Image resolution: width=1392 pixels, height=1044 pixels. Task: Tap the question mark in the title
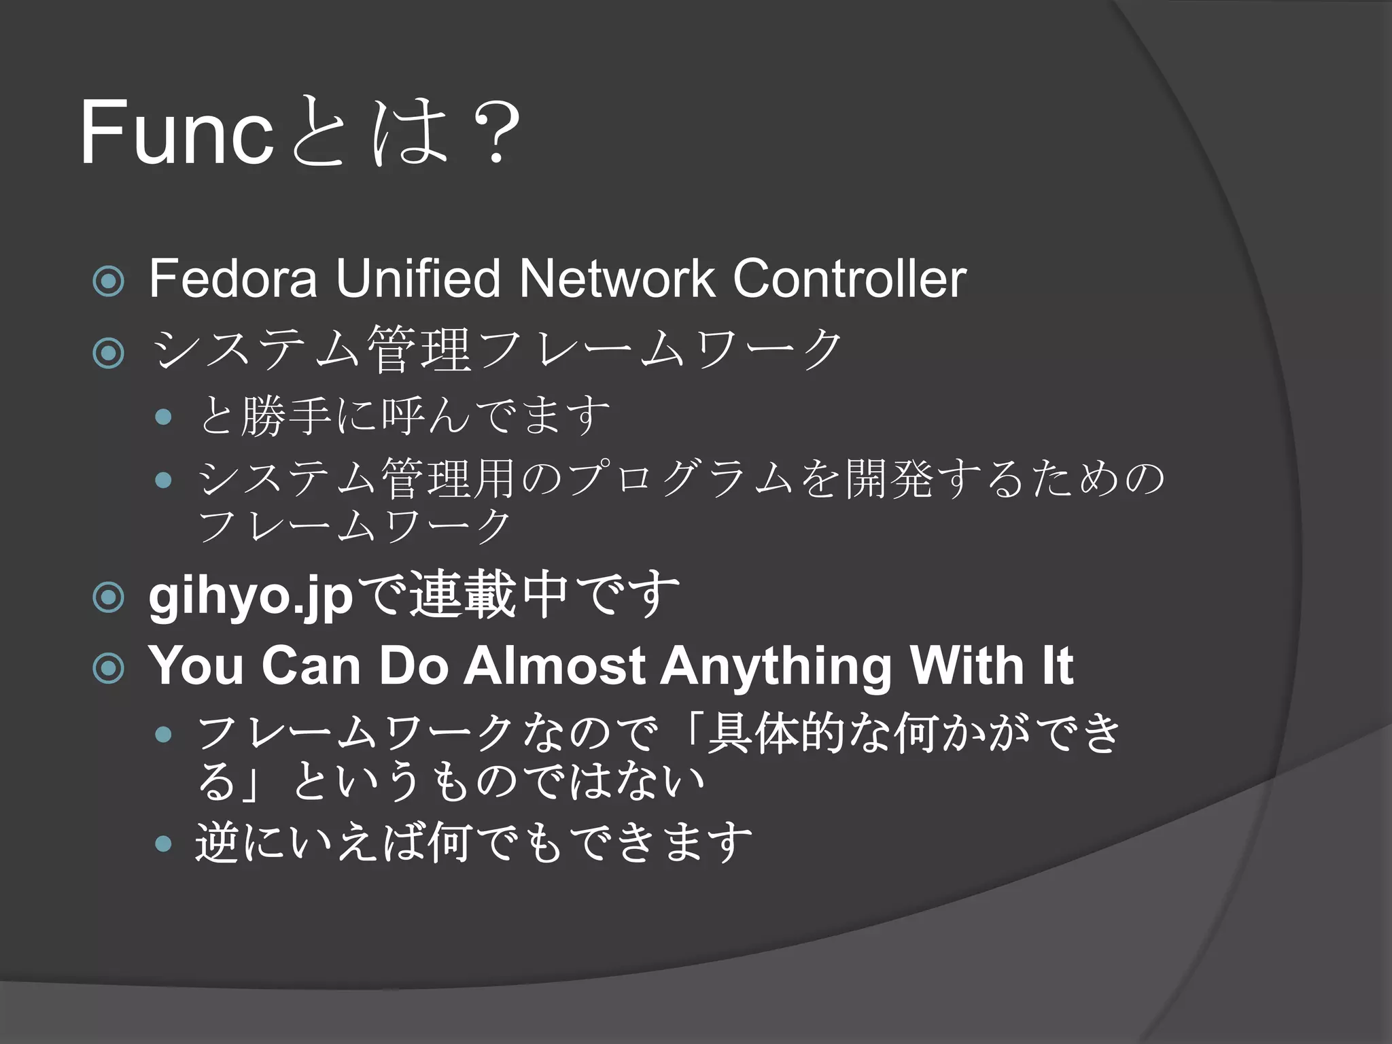pyautogui.click(x=498, y=133)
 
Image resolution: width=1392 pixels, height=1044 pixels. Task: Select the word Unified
pyautogui.click(x=418, y=278)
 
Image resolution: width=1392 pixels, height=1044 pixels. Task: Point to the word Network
pyautogui.click(x=616, y=278)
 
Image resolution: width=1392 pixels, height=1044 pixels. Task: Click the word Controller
pyautogui.click(x=849, y=278)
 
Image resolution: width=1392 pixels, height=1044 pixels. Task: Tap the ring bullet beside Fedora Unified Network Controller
pyautogui.click(x=109, y=281)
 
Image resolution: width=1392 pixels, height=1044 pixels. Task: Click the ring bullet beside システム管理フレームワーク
pyautogui.click(x=109, y=353)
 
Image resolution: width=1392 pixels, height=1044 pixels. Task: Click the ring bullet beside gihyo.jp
pyautogui.click(x=109, y=597)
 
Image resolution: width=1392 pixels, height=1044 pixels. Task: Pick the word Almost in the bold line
pyautogui.click(x=554, y=665)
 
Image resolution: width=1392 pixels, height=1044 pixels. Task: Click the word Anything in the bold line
pyautogui.click(x=776, y=667)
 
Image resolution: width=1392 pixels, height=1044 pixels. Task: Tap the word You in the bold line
pyautogui.click(x=196, y=665)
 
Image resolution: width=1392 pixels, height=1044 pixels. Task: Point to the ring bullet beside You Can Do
pyautogui.click(x=109, y=668)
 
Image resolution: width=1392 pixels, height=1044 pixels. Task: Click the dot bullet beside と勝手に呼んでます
pyautogui.click(x=163, y=417)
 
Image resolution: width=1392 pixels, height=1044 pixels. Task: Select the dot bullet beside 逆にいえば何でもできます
pyautogui.click(x=163, y=843)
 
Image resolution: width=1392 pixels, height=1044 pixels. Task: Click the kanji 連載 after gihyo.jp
pyautogui.click(x=463, y=596)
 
